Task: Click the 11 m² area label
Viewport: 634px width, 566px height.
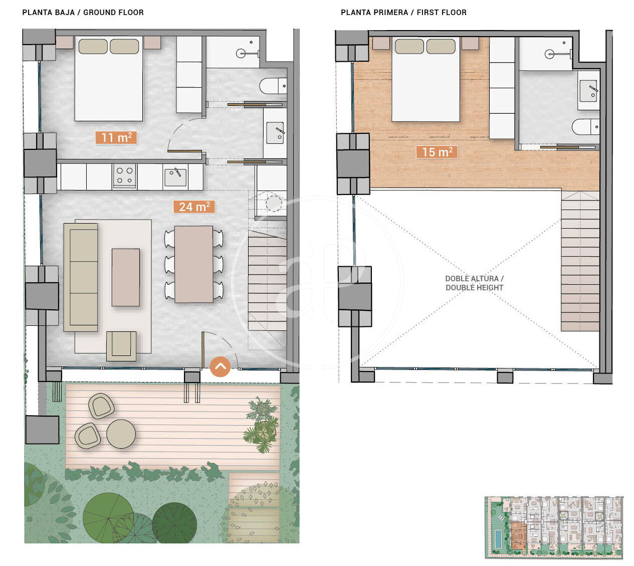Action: pyautogui.click(x=116, y=137)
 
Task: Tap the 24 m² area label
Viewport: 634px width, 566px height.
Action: pyautogui.click(x=194, y=207)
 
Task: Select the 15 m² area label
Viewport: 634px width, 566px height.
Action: pyautogui.click(x=437, y=152)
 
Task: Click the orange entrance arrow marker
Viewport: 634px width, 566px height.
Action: pyautogui.click(x=220, y=366)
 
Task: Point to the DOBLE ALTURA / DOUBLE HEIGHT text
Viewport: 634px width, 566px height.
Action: pyautogui.click(x=474, y=283)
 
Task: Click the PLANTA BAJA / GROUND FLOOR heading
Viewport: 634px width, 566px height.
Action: pyautogui.click(x=83, y=13)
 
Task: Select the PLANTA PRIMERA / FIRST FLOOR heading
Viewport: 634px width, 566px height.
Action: pyautogui.click(x=403, y=13)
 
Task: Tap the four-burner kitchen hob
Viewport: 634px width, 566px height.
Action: pyautogui.click(x=124, y=176)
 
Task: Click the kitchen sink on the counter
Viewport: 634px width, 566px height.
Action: pyautogui.click(x=175, y=177)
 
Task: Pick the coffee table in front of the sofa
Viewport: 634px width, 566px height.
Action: pyautogui.click(x=125, y=277)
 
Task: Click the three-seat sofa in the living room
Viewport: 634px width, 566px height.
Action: pyautogui.click(x=81, y=277)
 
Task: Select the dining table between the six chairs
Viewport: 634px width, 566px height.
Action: pyautogui.click(x=193, y=264)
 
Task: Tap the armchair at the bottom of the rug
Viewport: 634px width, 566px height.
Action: pyautogui.click(x=121, y=346)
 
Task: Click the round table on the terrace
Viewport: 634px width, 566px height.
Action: pyautogui.click(x=121, y=434)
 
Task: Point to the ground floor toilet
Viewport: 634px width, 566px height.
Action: pyautogui.click(x=273, y=86)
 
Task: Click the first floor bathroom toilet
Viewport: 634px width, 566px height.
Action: pyautogui.click(x=585, y=127)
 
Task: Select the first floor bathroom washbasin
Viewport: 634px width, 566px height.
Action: pyautogui.click(x=588, y=91)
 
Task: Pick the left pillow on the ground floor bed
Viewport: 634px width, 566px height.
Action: pyautogui.click(x=93, y=46)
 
